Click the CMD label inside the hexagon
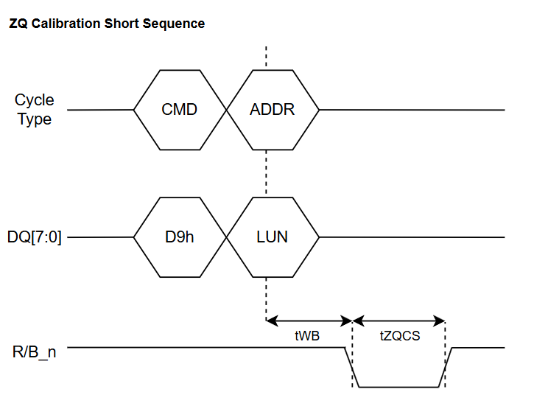(x=179, y=110)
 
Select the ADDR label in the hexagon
(x=272, y=110)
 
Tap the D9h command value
(x=179, y=237)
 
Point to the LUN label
(x=272, y=237)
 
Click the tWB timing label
(x=307, y=336)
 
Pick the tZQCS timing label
(x=400, y=336)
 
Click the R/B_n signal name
(x=34, y=352)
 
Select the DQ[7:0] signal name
(x=35, y=237)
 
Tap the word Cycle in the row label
(x=34, y=100)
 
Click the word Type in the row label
(x=35, y=119)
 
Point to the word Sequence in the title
(x=174, y=24)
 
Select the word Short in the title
(x=122, y=24)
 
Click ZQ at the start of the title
(x=18, y=24)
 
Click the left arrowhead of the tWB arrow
(x=272, y=321)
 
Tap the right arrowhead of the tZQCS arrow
(x=439, y=321)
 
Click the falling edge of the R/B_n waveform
(x=352, y=367)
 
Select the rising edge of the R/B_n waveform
(x=446, y=367)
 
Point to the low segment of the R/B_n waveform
(x=398, y=387)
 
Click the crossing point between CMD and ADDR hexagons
(x=226, y=110)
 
